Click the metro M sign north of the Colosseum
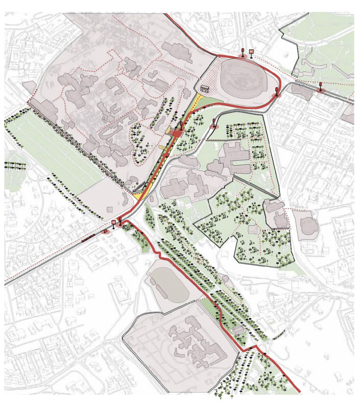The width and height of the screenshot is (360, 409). click(251, 52)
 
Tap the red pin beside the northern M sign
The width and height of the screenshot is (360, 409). click(243, 52)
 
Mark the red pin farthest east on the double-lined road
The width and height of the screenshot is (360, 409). click(321, 87)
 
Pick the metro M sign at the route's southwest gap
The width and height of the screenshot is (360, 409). click(113, 222)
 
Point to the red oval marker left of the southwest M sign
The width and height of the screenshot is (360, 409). click(105, 230)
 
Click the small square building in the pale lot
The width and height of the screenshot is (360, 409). click(110, 208)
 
